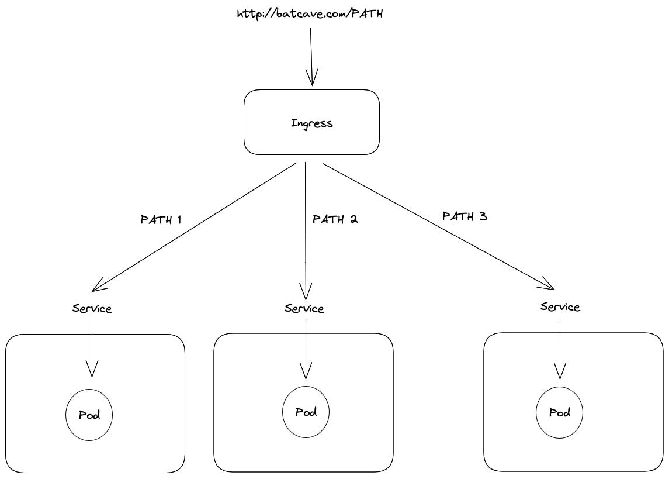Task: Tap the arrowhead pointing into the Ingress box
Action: point(312,80)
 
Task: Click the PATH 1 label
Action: point(161,220)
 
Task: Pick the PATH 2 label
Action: point(335,219)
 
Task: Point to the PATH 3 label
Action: point(465,216)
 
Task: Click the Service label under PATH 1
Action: point(92,308)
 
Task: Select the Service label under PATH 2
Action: point(304,308)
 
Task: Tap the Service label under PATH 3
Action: point(560,306)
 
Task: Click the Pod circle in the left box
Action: point(89,415)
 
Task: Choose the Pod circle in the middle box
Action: point(306,412)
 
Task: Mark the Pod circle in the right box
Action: point(559,413)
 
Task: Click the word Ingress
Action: point(311,123)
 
